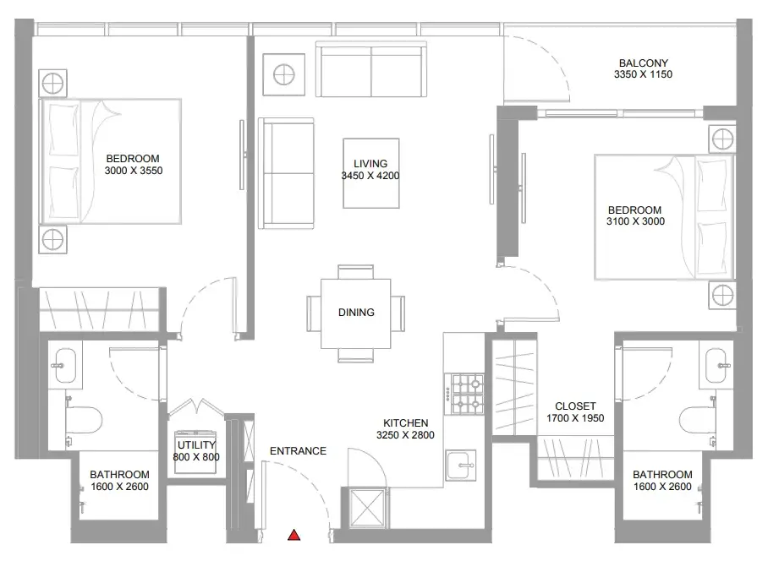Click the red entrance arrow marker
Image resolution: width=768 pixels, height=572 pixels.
coord(293,535)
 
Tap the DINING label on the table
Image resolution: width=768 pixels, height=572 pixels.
coord(356,312)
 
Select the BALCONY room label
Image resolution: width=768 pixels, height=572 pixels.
coord(643,63)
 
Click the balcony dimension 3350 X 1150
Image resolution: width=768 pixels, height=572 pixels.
coord(643,74)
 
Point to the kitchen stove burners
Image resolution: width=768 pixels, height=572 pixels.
coord(467,394)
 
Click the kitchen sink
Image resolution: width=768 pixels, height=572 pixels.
coord(460,466)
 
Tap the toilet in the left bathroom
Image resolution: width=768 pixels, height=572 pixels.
coord(84,420)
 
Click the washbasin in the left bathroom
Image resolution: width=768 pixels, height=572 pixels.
coord(65,365)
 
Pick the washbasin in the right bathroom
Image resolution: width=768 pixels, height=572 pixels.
coord(716,365)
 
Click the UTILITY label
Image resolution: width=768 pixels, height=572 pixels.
coord(196,444)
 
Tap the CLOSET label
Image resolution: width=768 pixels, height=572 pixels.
coord(575,406)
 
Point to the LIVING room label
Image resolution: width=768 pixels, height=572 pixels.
coord(370,163)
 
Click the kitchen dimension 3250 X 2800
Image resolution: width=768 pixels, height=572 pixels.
coord(405,435)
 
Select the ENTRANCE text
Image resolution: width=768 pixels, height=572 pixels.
coord(298,450)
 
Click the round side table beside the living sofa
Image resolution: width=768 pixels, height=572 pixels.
coord(284,75)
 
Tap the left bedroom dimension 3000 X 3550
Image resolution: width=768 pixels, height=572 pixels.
coord(134,171)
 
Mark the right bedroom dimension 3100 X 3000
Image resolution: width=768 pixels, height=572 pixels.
coord(635,221)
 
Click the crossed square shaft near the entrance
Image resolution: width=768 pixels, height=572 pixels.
coord(368,508)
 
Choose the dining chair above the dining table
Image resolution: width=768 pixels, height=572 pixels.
coord(355,272)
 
